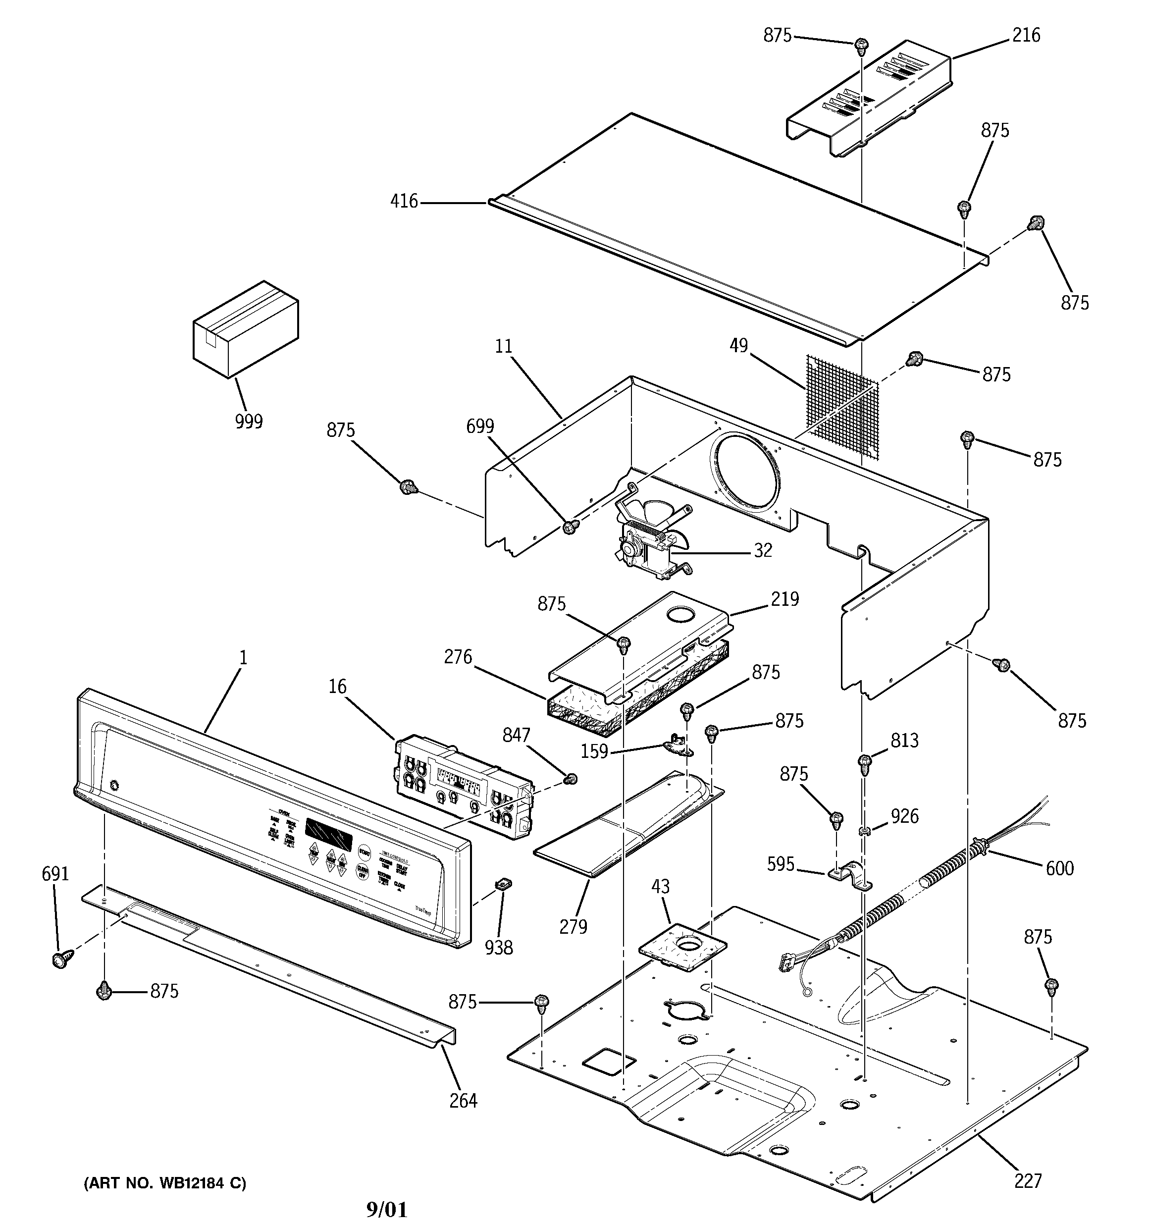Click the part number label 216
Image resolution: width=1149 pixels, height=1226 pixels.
[x=1026, y=36]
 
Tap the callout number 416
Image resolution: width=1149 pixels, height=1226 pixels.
[x=404, y=201]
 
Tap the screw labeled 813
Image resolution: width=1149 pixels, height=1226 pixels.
[x=865, y=763]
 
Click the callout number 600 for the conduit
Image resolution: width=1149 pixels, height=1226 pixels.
[x=1059, y=868]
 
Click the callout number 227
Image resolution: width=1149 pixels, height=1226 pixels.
[x=1027, y=1180]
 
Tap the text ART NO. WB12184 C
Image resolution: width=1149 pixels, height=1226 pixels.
[x=164, y=1183]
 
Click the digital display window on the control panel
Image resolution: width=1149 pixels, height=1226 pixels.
[x=329, y=836]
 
